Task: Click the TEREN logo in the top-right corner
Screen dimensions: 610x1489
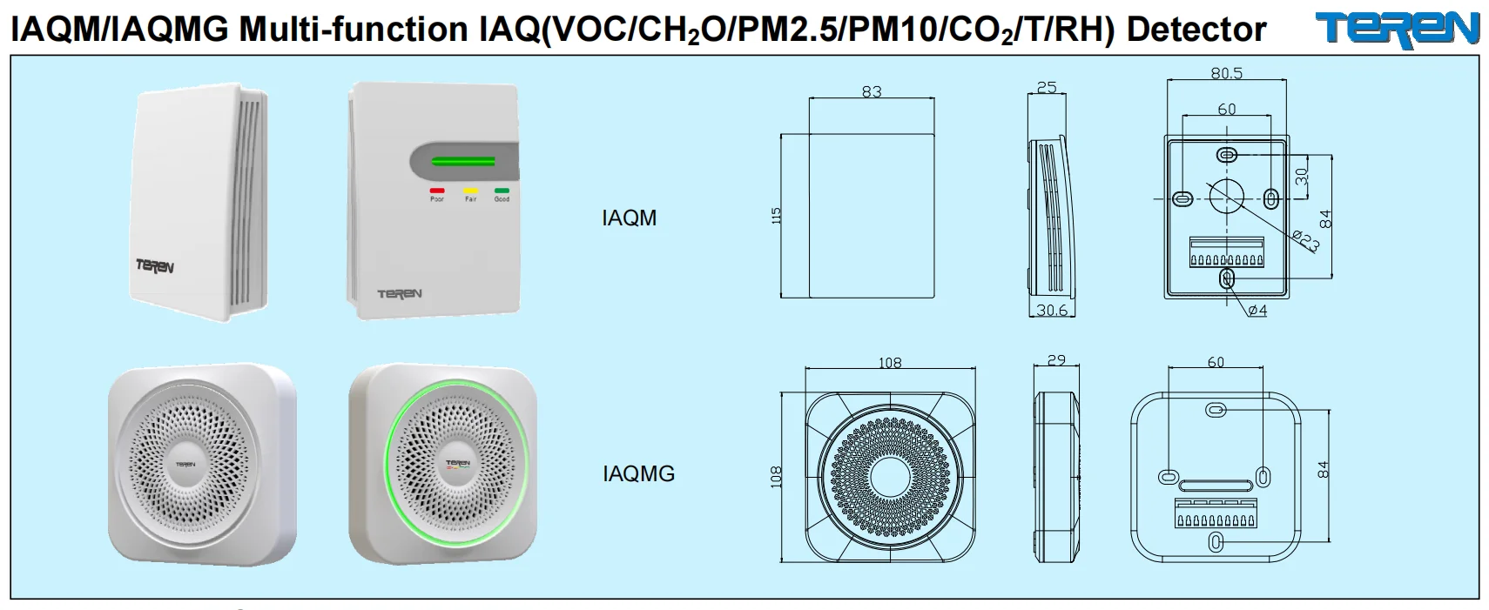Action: [x=1397, y=28]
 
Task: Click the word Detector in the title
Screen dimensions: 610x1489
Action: [x=1196, y=30]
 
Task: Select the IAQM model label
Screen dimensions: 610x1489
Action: [x=629, y=218]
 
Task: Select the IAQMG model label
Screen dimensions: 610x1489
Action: [x=638, y=473]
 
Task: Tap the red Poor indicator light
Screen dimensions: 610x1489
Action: [x=437, y=190]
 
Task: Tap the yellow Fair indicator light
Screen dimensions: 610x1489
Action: [x=470, y=190]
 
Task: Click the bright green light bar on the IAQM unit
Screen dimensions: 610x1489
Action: [x=464, y=161]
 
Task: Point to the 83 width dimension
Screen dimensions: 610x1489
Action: [x=872, y=91]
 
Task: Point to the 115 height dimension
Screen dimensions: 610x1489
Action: [x=777, y=216]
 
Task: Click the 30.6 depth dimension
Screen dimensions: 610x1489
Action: [x=1051, y=310]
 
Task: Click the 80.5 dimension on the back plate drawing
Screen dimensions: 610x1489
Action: [x=1226, y=74]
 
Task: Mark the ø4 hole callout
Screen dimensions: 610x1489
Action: [x=1257, y=311]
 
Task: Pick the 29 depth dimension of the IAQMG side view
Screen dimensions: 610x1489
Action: [x=1056, y=360]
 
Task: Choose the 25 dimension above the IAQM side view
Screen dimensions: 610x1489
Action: [x=1047, y=87]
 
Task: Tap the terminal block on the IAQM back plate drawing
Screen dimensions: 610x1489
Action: [x=1226, y=253]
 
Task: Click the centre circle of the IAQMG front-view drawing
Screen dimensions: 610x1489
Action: [x=889, y=473]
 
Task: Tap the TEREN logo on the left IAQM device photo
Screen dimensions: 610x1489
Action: [x=154, y=266]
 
